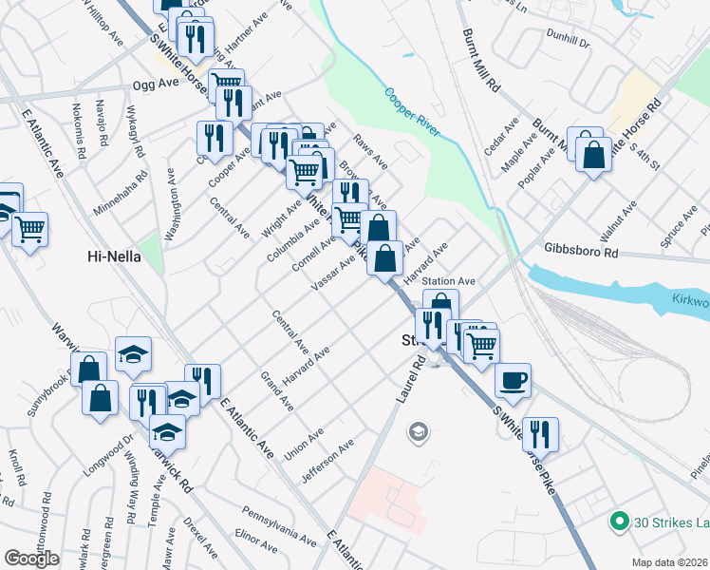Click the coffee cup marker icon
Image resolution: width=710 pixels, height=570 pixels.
point(513,381)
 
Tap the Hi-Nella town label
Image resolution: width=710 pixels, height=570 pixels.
point(114,256)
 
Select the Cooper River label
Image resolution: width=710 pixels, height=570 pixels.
point(412,113)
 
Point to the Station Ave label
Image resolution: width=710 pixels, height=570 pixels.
point(448,281)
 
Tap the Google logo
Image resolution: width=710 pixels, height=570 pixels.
point(31,559)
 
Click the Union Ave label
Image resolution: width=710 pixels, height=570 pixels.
point(304,443)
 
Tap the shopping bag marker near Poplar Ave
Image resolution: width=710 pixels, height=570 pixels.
point(593,156)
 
